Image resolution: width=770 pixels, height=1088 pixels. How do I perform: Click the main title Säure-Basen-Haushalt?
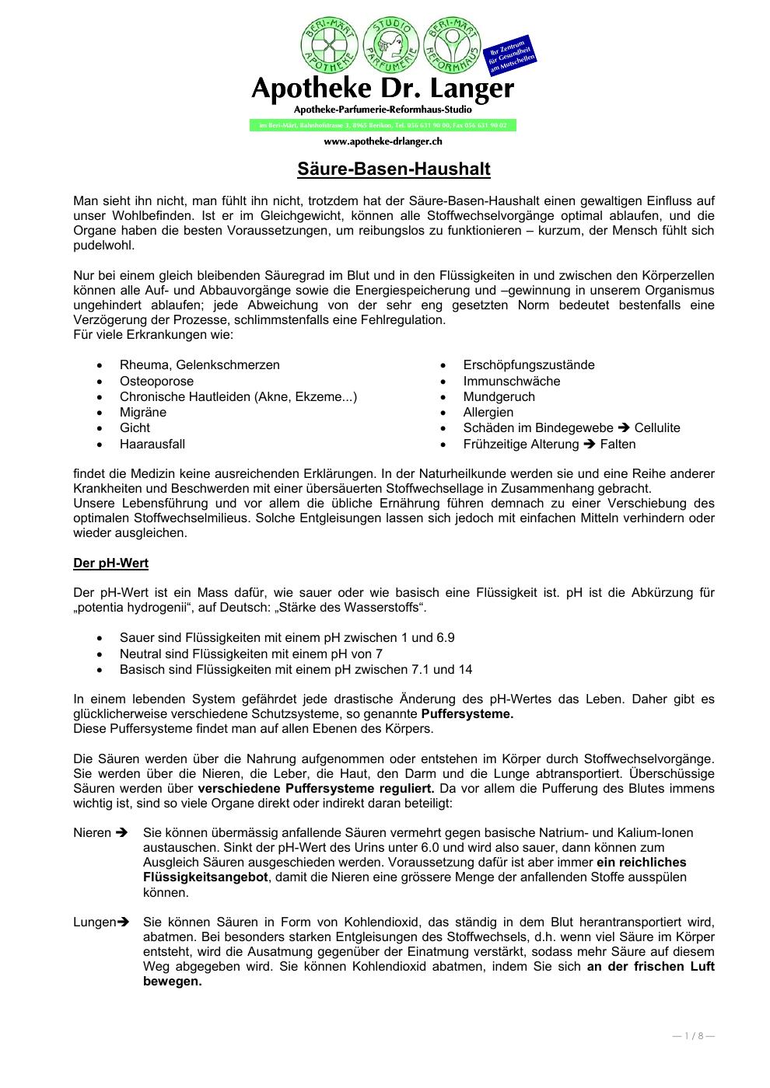pos(394,169)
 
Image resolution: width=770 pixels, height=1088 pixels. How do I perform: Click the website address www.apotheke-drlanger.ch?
pos(383,141)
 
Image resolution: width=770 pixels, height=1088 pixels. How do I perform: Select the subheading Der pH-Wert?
pos(110,563)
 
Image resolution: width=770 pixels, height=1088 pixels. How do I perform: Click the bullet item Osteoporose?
pos(156,381)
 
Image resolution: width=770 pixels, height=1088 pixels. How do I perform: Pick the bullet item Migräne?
pos(143,412)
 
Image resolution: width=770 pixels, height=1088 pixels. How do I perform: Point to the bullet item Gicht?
pos(135,427)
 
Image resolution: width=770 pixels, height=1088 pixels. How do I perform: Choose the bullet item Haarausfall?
pos(152,444)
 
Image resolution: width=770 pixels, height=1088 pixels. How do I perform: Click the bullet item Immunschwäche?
pos(511,381)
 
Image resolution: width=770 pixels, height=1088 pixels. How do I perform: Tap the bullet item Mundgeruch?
pos(499,396)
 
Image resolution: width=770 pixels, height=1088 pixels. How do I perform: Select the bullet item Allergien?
pos(488,412)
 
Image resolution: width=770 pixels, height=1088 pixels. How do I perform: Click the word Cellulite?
pos(656,427)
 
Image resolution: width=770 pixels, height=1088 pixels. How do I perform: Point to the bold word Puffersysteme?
pos(467,713)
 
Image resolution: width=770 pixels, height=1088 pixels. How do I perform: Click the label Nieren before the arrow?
pos(93,832)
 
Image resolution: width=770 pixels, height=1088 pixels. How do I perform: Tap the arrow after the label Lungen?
pos(123,922)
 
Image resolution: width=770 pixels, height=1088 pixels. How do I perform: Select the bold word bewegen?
pos(172,981)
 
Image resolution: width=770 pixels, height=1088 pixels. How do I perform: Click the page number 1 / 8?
pos(693,1035)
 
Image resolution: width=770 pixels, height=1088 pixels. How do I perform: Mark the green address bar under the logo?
pos(383,125)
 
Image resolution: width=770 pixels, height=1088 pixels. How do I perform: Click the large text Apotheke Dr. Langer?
pos(383,89)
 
